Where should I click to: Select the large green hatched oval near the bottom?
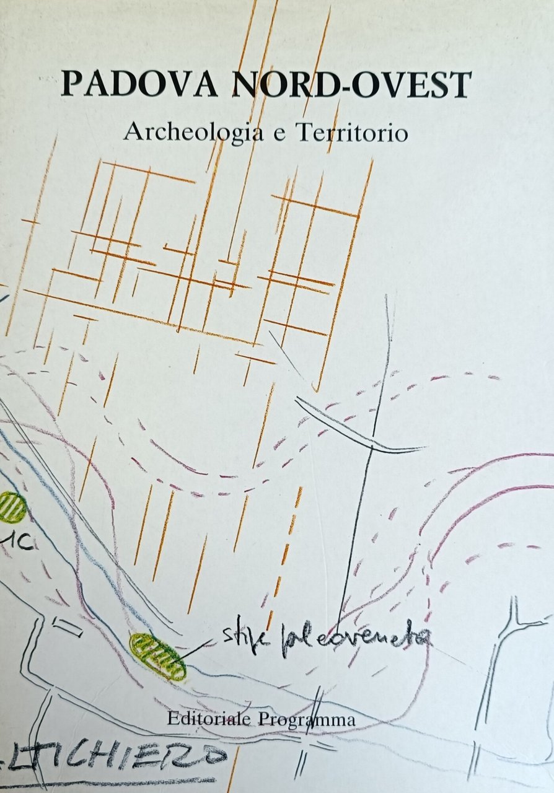[x=158, y=657]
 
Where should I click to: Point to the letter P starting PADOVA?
[x=73, y=85]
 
